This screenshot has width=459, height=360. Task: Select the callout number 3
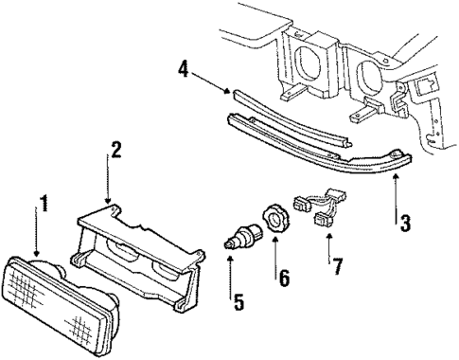pos(404,224)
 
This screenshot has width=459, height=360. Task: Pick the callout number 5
pos(238,303)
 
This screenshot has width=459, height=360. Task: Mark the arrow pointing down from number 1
pos(37,237)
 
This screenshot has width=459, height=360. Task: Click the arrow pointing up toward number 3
pos(396,189)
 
